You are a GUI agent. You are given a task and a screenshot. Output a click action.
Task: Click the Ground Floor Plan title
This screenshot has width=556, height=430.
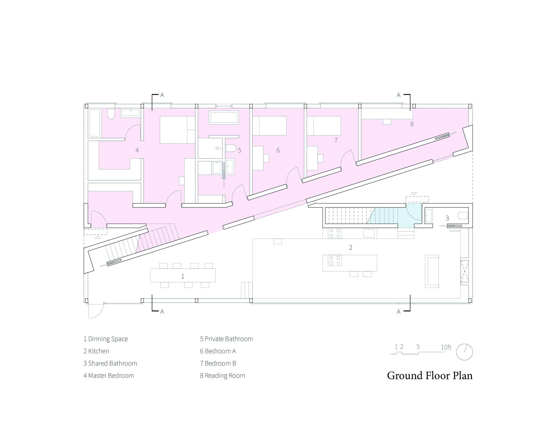tap(430, 375)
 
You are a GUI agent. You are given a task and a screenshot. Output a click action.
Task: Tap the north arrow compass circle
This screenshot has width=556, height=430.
tap(464, 352)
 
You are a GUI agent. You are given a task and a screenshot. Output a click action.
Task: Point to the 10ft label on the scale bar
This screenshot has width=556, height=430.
tap(446, 347)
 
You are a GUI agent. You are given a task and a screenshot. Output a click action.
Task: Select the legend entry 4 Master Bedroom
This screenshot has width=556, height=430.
tap(109, 375)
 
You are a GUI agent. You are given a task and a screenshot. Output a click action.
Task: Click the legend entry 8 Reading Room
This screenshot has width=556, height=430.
tap(222, 375)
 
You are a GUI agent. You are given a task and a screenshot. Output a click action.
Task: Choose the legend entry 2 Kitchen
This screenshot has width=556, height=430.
tap(96, 351)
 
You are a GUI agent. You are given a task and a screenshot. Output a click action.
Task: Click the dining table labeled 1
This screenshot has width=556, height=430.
tap(183, 275)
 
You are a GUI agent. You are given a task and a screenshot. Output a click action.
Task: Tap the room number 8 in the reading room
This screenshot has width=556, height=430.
tap(412, 124)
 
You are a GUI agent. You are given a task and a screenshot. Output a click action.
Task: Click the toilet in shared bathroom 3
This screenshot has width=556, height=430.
tap(463, 216)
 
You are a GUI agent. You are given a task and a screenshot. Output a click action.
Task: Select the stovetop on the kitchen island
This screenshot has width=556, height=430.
tap(335, 260)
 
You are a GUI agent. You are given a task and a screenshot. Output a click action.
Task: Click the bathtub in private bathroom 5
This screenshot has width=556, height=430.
tap(224, 118)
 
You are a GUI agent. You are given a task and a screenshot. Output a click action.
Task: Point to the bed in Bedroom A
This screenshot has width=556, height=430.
tap(269, 126)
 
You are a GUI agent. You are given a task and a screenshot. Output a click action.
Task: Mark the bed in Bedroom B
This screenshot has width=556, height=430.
tap(324, 126)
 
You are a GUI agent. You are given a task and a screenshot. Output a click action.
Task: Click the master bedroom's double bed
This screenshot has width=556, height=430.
tap(178, 130)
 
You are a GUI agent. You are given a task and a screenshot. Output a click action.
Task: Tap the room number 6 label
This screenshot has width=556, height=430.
tap(278, 150)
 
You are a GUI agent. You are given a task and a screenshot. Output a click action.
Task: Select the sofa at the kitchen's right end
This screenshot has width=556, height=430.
tap(432, 271)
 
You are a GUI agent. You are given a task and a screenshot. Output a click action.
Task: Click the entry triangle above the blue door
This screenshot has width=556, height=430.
tap(414, 194)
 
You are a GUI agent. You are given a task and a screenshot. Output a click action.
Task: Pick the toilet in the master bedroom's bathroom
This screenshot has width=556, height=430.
tap(111, 114)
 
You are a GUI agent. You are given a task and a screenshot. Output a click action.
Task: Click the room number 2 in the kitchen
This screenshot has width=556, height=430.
tap(351, 247)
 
